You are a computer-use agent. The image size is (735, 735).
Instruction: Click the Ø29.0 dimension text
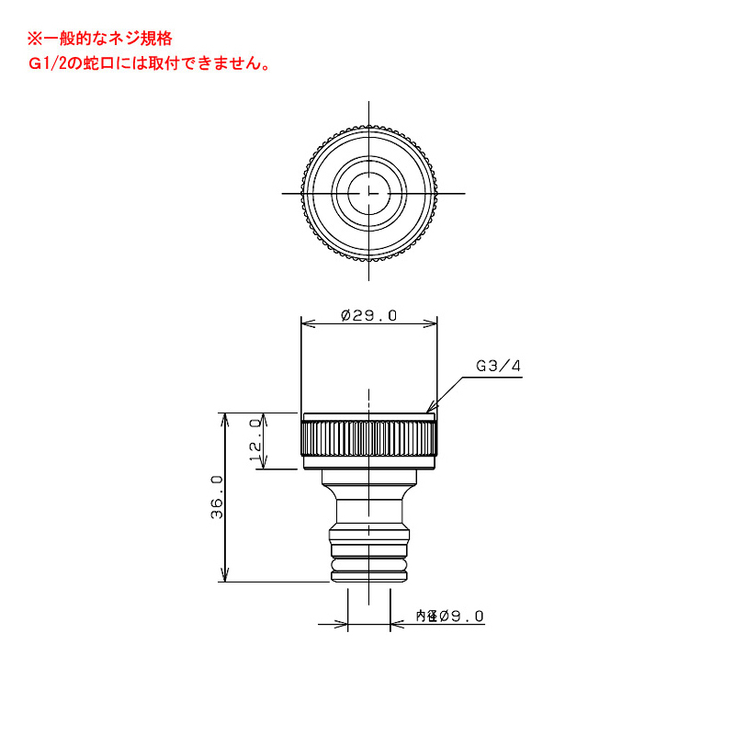click(368, 315)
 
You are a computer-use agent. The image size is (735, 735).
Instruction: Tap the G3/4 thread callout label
click(498, 366)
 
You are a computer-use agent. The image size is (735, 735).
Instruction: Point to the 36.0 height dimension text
click(217, 497)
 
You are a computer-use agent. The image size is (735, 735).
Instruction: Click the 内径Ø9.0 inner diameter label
click(449, 616)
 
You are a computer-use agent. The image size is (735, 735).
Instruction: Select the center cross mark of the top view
click(368, 193)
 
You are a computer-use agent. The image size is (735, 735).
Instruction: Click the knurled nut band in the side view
click(368, 441)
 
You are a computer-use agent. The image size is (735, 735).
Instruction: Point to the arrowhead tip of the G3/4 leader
click(428, 412)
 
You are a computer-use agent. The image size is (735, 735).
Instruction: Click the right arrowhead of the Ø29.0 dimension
click(433, 322)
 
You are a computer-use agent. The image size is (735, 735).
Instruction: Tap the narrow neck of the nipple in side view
click(368, 510)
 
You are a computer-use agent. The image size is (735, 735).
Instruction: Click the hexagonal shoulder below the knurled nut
click(368, 479)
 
